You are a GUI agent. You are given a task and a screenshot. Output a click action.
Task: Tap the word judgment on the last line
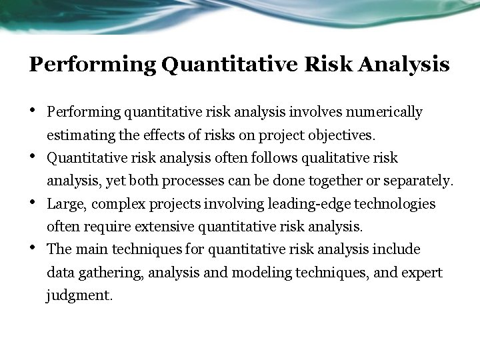point(79,295)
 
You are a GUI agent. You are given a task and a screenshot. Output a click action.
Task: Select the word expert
point(424,273)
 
